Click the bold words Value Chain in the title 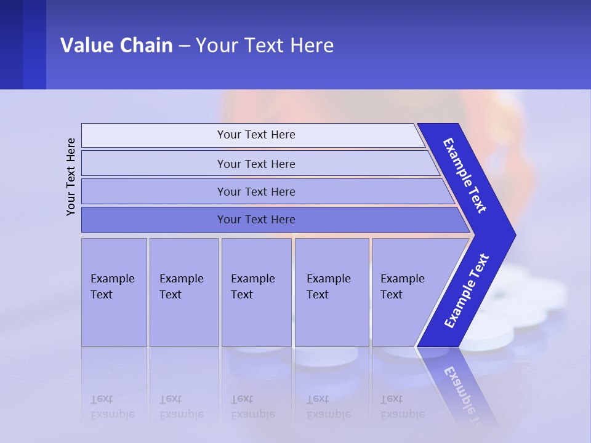click(116, 46)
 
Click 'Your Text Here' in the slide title click(265, 46)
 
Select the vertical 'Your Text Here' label click(71, 177)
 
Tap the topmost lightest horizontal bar click(255, 135)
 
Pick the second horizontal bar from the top click(255, 164)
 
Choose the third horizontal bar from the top click(255, 191)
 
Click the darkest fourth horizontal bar click(255, 220)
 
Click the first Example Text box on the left click(114, 292)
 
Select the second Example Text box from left click(183, 292)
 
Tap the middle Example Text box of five click(256, 292)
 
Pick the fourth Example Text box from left click(331, 292)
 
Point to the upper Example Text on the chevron click(465, 175)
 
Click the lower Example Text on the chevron click(467, 291)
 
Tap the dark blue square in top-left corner click(23, 44)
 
